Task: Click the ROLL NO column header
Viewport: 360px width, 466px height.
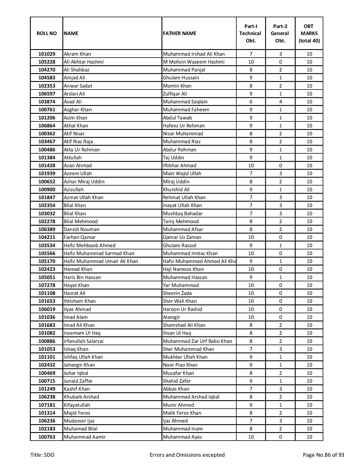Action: coord(47,33)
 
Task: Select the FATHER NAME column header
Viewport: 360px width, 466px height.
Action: coord(179,33)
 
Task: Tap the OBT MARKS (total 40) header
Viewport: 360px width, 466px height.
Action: coord(309,33)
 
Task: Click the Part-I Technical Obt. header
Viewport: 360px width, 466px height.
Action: coord(250,33)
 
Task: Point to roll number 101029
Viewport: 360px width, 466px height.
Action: coord(47,54)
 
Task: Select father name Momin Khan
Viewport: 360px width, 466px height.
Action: coord(177,86)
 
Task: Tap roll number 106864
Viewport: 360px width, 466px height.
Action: coord(47,126)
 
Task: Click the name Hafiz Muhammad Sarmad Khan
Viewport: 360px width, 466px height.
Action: coord(99,253)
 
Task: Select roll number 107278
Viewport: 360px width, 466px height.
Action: coord(47,285)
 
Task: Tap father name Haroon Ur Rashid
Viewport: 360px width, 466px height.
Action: coord(182,309)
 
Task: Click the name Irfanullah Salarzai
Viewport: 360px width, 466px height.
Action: coord(84,341)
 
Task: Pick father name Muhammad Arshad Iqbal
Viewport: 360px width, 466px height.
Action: coord(191,397)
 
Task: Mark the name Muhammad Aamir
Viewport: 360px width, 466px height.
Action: coord(85,437)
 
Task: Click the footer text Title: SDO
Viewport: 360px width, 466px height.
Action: coord(42,455)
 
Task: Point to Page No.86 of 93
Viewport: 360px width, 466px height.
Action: coord(323,455)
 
